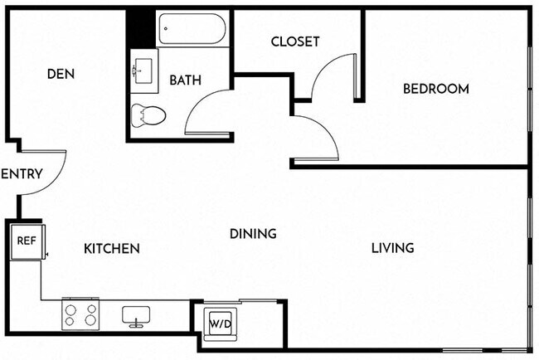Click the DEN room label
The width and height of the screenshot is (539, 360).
tap(61, 74)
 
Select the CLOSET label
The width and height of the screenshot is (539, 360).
tap(294, 41)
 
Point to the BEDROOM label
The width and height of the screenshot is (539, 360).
tap(435, 89)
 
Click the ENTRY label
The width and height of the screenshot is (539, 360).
tap(16, 174)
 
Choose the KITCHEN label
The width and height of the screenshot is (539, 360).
tap(111, 248)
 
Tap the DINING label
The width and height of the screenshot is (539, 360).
tap(253, 234)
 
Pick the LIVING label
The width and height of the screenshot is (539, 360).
tap(392, 247)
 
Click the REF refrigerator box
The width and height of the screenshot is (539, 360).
tap(25, 241)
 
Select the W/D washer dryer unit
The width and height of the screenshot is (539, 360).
tap(220, 322)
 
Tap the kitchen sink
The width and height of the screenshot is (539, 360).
tap(135, 315)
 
